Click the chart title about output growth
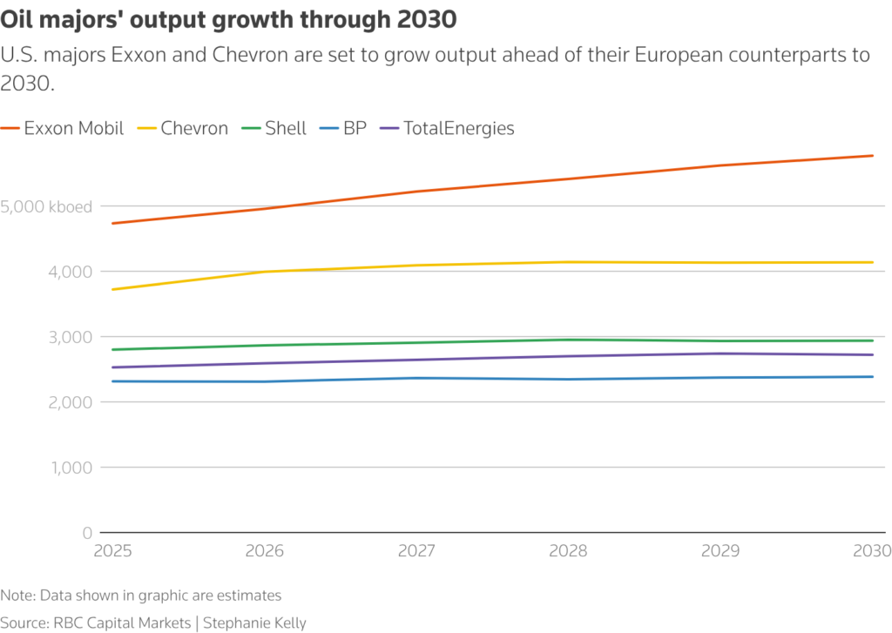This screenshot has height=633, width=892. [x=228, y=18]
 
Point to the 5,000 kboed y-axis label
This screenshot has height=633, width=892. [x=47, y=206]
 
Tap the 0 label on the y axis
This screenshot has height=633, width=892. [x=88, y=532]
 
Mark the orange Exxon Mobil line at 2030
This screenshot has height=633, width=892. [x=872, y=156]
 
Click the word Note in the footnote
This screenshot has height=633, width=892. [x=15, y=596]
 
